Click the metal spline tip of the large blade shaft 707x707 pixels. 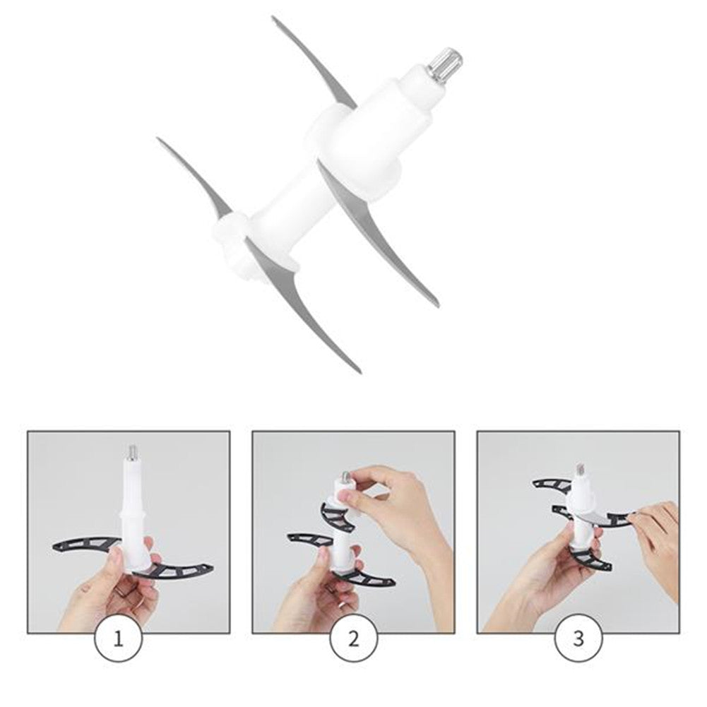pos(445,62)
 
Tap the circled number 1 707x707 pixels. pos(118,638)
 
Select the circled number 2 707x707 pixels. pos(353,638)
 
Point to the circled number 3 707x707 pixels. pos(578,638)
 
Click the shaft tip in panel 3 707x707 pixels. pos(580,470)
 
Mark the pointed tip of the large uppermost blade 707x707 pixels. pos(273,18)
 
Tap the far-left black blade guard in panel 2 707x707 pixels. pos(310,539)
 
